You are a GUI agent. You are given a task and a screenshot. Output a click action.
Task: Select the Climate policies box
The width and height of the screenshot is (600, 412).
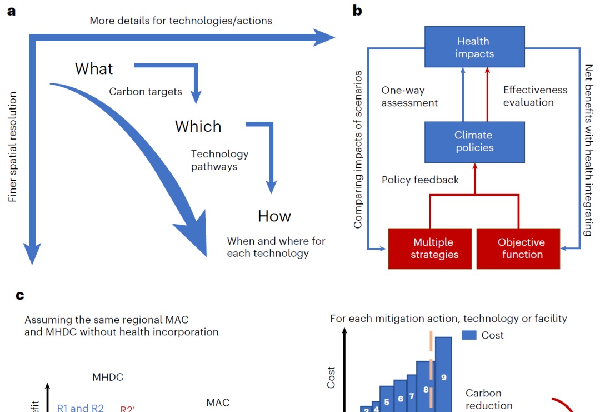point(473,141)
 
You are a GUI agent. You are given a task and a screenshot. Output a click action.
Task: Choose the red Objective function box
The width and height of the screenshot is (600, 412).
point(521,249)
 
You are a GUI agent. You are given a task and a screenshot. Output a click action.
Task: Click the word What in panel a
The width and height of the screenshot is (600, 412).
point(94,68)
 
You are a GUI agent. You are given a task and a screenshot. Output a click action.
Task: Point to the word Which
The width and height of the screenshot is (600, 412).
point(198,127)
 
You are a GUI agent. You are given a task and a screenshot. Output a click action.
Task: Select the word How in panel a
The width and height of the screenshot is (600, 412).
point(274,216)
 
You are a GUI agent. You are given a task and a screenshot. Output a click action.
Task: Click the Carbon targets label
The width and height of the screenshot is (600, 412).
point(146,92)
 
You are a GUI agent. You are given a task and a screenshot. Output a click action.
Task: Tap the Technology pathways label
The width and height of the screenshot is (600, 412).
point(220,160)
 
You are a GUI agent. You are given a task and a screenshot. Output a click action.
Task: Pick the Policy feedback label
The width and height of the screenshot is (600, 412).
point(421,180)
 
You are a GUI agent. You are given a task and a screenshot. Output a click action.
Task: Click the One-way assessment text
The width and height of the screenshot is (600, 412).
point(410,96)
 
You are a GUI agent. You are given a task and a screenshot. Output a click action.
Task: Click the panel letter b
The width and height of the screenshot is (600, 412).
point(357,11)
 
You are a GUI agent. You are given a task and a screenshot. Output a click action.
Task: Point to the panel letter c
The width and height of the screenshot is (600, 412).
point(20,295)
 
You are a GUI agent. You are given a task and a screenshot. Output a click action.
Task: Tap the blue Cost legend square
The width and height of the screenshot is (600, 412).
point(469,335)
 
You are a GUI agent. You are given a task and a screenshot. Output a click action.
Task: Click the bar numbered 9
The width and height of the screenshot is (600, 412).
point(443,373)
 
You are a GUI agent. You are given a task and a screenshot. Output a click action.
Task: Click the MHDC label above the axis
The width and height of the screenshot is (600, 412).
point(108,378)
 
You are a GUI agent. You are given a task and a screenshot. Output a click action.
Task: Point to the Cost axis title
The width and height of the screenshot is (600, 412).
point(332,377)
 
